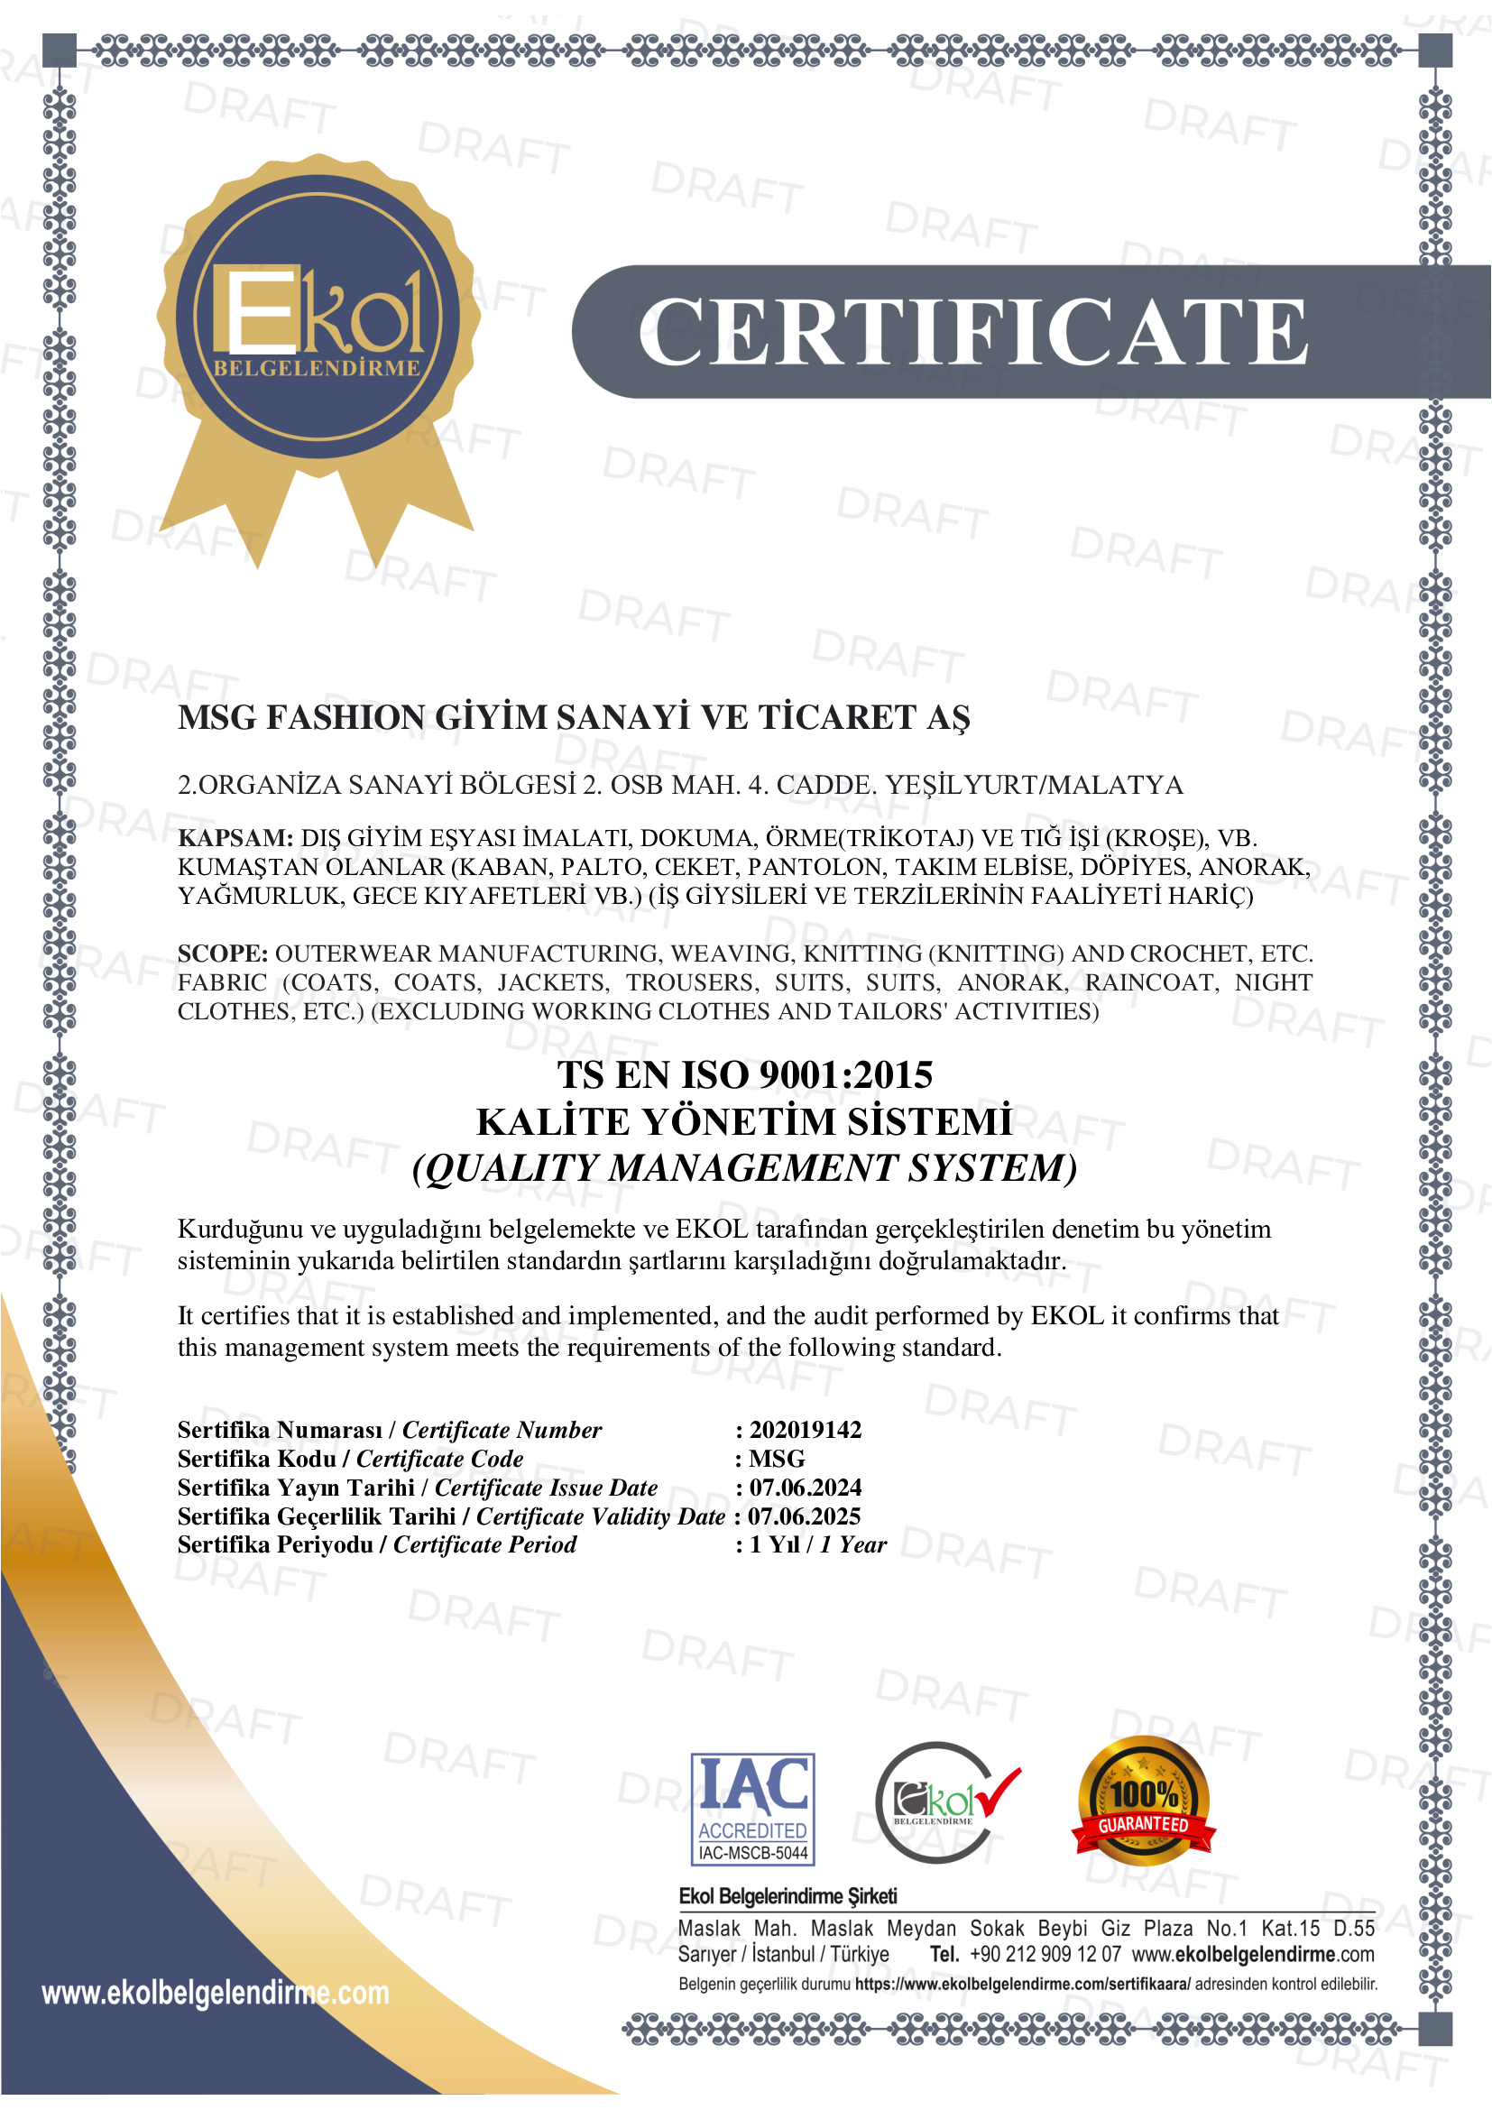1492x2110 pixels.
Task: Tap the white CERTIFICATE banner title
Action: tap(972, 332)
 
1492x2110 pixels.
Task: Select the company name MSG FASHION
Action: tap(574, 717)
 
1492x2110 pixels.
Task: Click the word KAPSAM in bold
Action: tap(235, 838)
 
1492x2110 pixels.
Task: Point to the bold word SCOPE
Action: tap(222, 953)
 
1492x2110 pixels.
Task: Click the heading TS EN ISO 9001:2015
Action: tap(744, 1074)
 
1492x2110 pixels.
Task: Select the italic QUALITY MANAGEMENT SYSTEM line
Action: tap(744, 1168)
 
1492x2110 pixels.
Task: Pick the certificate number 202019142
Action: tap(805, 1429)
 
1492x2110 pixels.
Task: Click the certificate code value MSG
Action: tap(777, 1459)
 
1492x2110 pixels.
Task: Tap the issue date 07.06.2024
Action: tap(805, 1487)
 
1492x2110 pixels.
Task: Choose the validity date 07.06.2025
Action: tap(804, 1516)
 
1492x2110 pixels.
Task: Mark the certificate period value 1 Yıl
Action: tap(775, 1543)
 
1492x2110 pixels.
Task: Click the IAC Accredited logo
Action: tap(752, 1809)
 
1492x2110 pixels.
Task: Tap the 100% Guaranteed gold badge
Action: tap(1143, 1801)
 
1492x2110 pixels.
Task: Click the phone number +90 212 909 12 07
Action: tap(1045, 1954)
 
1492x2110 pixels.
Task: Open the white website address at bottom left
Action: tap(215, 1993)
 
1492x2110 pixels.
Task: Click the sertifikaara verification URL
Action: tap(1022, 1983)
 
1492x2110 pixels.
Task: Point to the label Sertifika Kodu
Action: tap(256, 1459)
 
